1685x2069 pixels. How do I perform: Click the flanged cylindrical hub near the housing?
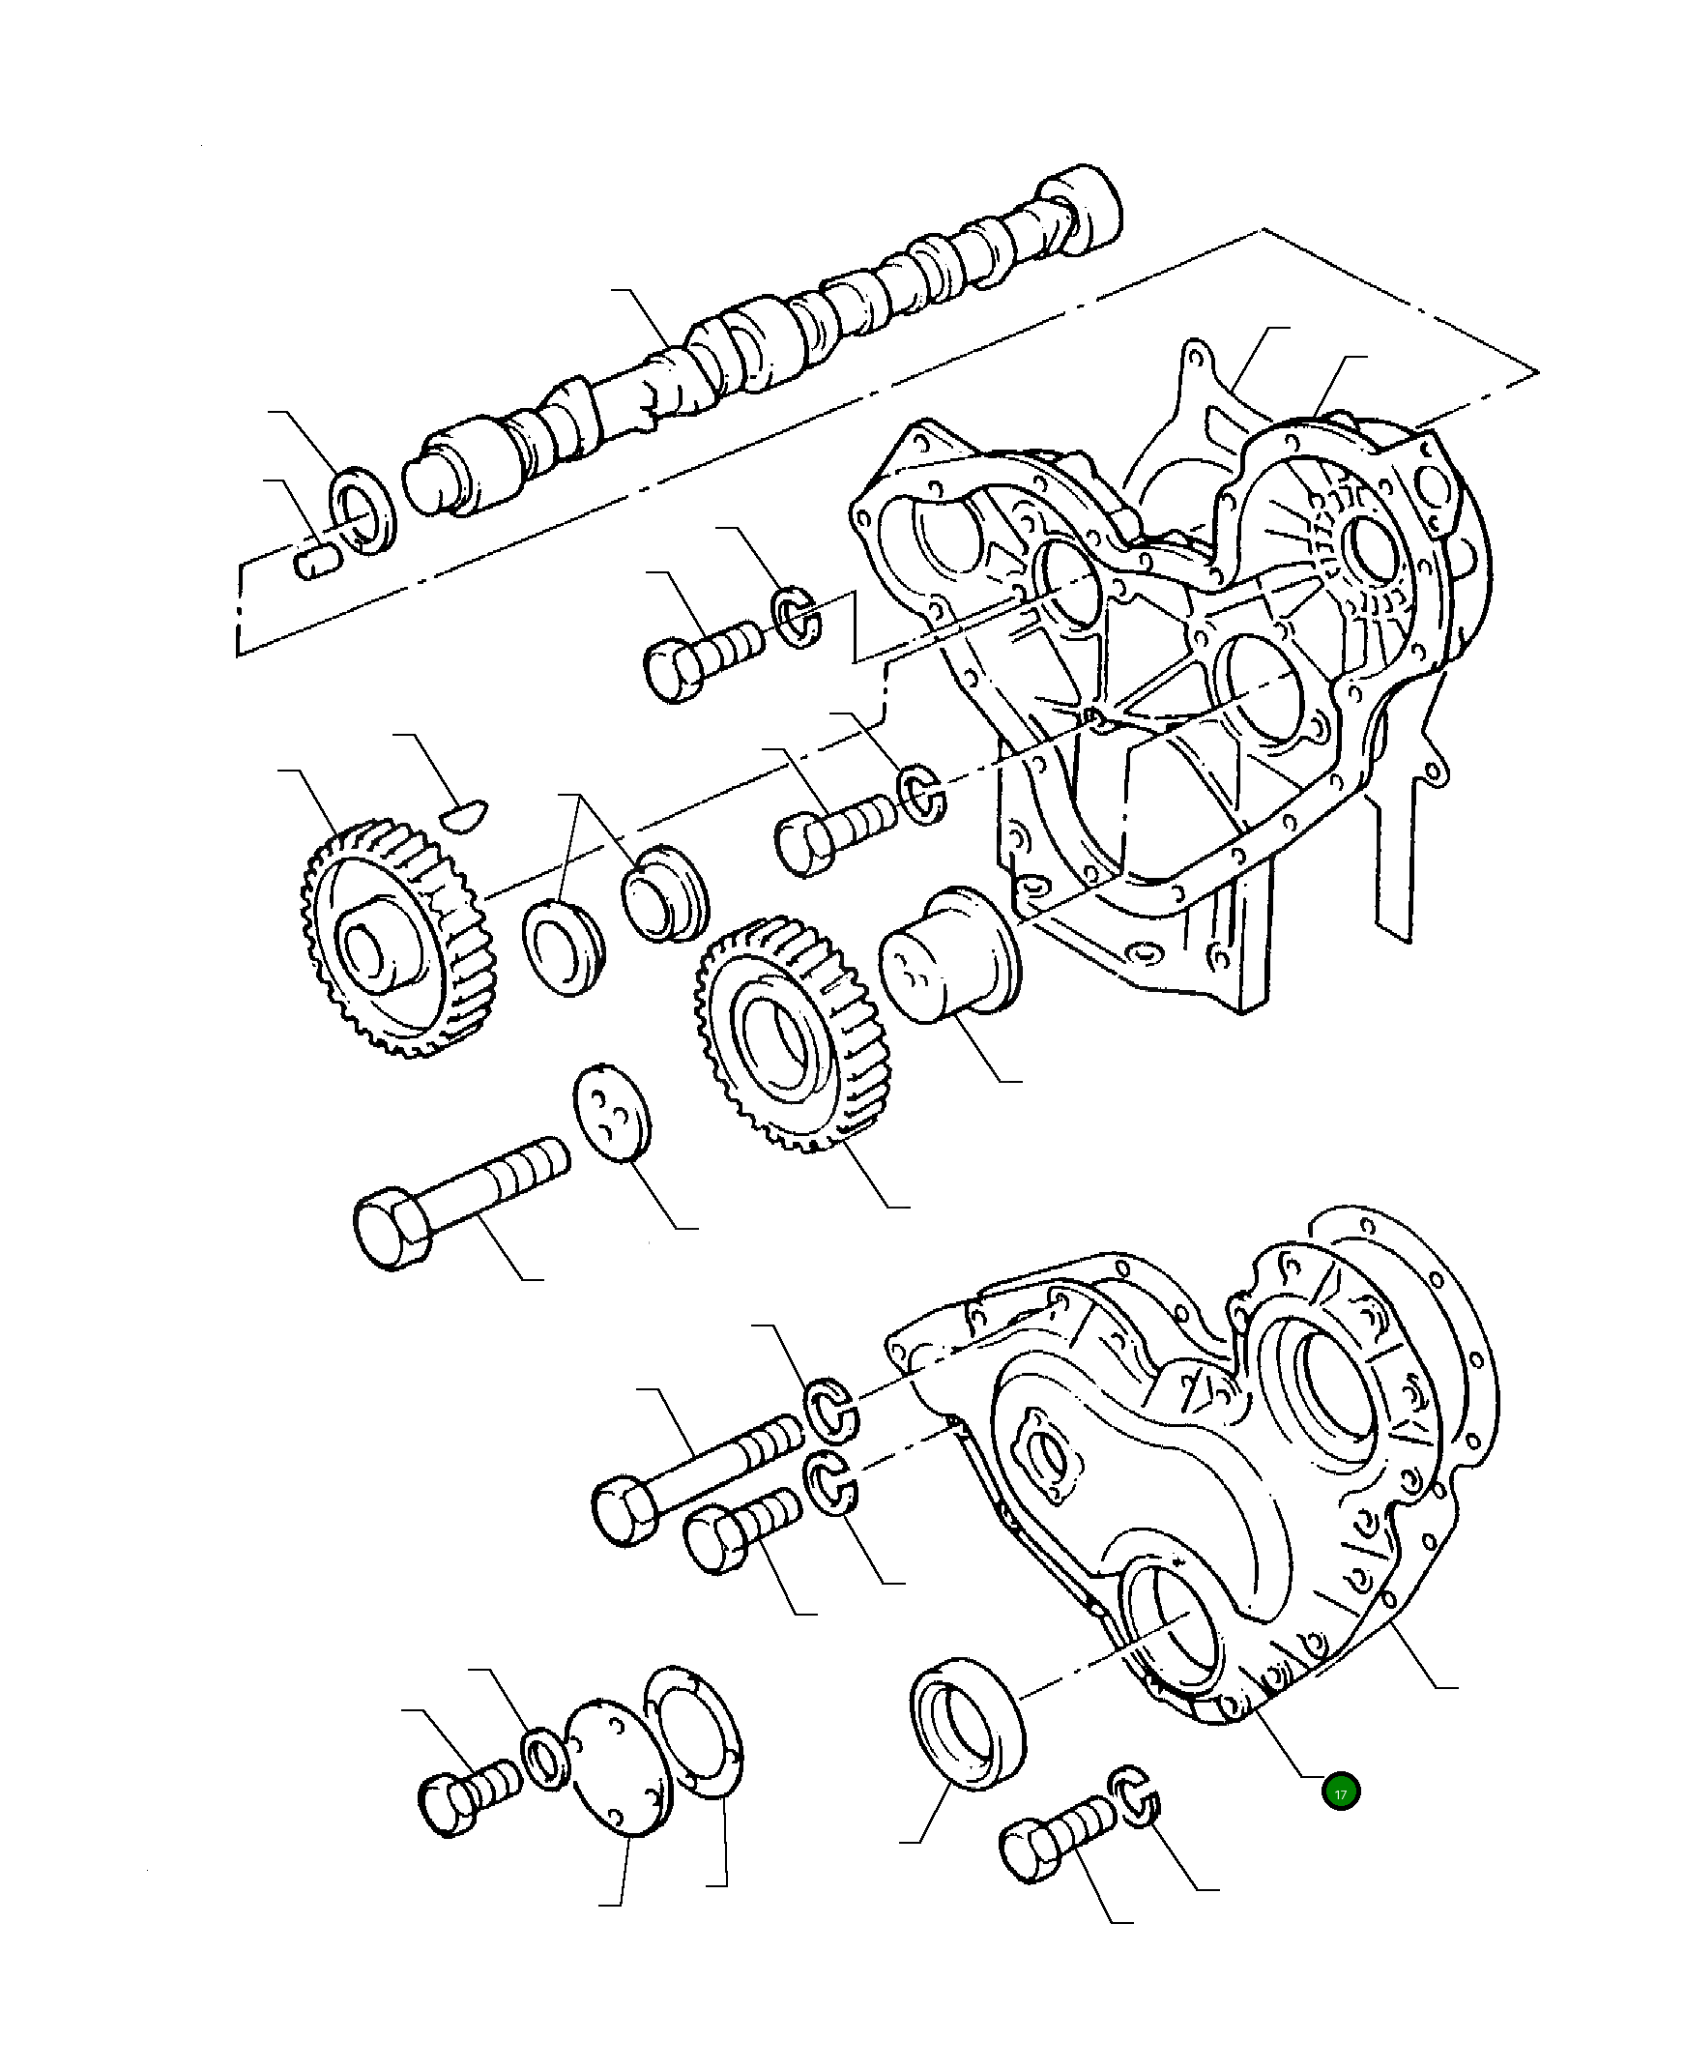click(x=949, y=954)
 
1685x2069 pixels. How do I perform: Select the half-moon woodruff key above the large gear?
click(x=464, y=813)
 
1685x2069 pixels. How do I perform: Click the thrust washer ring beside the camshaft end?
click(x=364, y=511)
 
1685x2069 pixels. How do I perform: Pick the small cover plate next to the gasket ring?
click(x=618, y=1766)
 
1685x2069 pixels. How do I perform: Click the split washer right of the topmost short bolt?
click(x=797, y=617)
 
